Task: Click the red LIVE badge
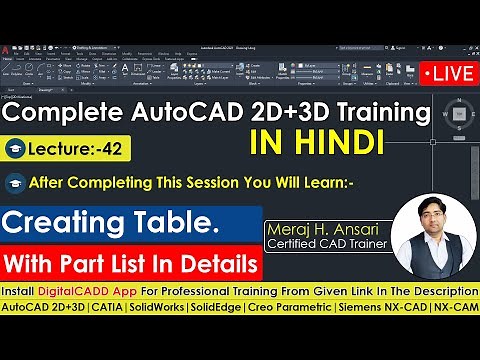click(448, 74)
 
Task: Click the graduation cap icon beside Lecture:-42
click(20, 149)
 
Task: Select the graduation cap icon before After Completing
click(16, 183)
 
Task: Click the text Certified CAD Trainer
click(326, 247)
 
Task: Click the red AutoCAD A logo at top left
click(7, 48)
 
